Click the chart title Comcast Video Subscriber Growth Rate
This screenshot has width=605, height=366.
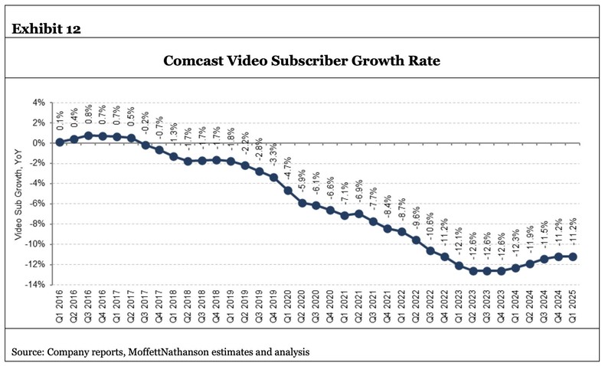point(302,61)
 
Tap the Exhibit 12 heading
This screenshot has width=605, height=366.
point(47,29)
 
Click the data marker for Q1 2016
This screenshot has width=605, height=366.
point(59,142)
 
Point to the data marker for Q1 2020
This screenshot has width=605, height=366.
point(288,190)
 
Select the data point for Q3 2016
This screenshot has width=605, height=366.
point(88,135)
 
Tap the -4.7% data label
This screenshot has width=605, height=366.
point(288,165)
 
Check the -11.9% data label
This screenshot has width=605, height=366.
point(529,240)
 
